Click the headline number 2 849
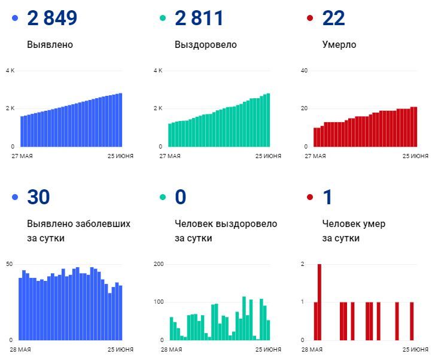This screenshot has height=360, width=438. pyautogui.click(x=52, y=18)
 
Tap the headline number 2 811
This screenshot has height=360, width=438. pyautogui.click(x=199, y=18)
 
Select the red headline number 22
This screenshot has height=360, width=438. pyautogui.click(x=333, y=18)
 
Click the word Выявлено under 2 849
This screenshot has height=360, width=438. pyautogui.click(x=50, y=45)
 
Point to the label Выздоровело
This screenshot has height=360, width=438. pyautogui.click(x=205, y=45)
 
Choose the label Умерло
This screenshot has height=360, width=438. pyautogui.click(x=339, y=45)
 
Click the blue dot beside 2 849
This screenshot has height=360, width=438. pyautogui.click(x=15, y=19)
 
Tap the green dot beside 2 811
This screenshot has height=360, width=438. pyautogui.click(x=163, y=19)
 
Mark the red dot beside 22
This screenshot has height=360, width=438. pyautogui.click(x=310, y=19)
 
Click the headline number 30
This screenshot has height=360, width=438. pyautogui.click(x=38, y=197)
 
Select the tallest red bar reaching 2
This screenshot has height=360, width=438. pyautogui.click(x=320, y=301)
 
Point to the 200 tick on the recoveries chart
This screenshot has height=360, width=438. pyautogui.click(x=159, y=264)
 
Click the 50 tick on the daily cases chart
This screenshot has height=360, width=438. pyautogui.click(x=9, y=264)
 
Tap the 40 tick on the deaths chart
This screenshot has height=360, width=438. pyautogui.click(x=304, y=71)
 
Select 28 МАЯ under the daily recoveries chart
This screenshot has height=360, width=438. pyautogui.click(x=171, y=349)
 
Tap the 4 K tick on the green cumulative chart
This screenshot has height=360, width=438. pyautogui.click(x=158, y=71)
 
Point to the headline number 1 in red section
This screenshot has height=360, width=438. pyautogui.click(x=327, y=197)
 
